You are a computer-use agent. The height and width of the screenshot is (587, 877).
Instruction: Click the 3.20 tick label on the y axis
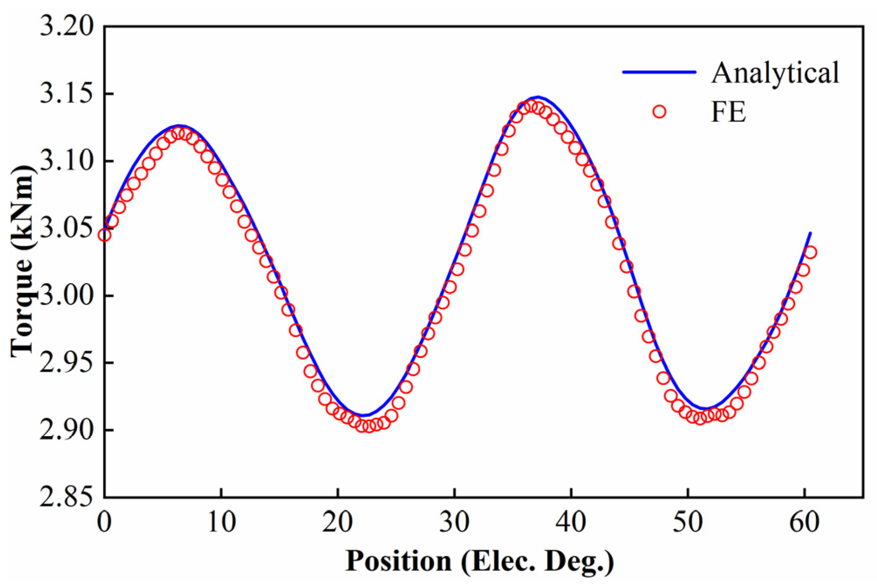[x=66, y=26]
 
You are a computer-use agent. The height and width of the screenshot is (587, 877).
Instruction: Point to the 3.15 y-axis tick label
[x=66, y=93]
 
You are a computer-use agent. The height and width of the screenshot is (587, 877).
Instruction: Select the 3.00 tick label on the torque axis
[x=66, y=295]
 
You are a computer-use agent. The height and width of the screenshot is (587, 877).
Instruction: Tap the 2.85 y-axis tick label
[x=66, y=497]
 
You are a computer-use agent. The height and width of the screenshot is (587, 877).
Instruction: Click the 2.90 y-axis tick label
[x=66, y=430]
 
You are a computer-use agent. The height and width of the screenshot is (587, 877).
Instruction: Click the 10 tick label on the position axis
[x=221, y=521]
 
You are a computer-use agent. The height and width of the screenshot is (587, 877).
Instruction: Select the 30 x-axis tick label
[x=454, y=521]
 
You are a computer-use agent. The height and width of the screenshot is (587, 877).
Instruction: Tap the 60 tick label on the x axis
[x=804, y=521]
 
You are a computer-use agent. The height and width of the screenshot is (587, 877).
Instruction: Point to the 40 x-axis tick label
[x=571, y=521]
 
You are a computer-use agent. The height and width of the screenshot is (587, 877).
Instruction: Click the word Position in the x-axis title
[x=398, y=560]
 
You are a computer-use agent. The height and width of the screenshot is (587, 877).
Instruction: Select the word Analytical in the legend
[x=775, y=72]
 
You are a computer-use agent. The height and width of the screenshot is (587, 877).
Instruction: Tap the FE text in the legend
[x=728, y=112]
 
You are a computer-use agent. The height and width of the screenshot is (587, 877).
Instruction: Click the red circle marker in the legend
[x=659, y=112]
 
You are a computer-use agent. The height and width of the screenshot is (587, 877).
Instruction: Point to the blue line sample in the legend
[x=659, y=72]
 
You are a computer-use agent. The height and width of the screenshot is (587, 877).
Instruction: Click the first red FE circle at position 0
[x=104, y=235]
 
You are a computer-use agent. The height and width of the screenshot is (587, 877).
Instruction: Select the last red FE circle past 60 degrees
[x=810, y=252]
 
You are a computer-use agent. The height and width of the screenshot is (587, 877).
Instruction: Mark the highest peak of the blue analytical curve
[x=538, y=97]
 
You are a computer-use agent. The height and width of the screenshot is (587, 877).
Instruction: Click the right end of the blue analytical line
[x=810, y=233]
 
